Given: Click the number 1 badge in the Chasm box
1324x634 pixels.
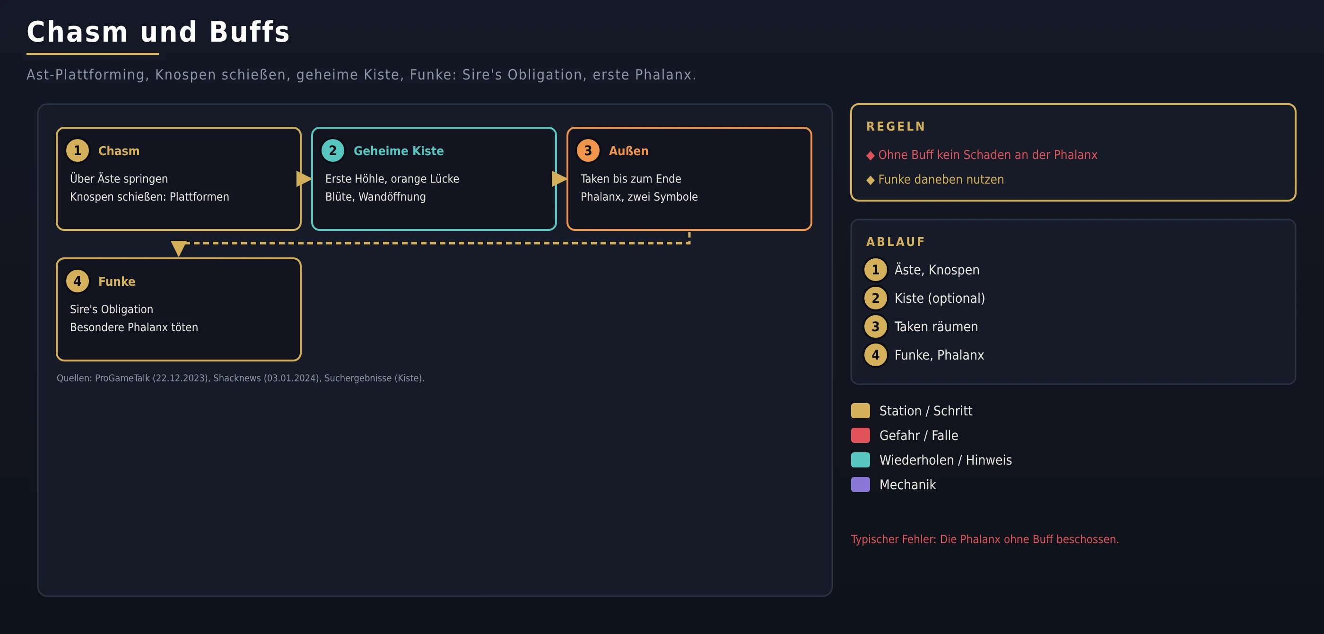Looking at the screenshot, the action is tap(78, 150).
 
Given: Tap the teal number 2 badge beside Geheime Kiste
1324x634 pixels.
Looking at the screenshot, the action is tap(332, 150).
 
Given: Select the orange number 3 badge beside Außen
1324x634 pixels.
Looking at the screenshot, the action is tap(588, 150).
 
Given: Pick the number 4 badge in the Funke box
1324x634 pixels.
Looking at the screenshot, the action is tap(78, 281).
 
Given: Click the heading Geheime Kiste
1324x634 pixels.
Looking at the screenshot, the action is tap(398, 150).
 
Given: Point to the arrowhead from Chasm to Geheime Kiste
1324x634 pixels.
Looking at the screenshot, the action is tap(304, 179).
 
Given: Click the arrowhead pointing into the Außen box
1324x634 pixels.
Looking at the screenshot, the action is tap(559, 179).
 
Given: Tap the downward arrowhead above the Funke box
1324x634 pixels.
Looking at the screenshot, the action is tap(178, 248).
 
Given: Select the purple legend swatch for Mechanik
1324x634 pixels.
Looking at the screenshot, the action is tap(861, 484).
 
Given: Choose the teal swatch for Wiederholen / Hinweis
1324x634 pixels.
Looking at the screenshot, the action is tap(861, 460).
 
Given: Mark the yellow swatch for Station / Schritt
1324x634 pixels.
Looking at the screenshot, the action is tap(861, 411).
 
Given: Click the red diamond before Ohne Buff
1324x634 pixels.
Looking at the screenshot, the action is tap(870, 155).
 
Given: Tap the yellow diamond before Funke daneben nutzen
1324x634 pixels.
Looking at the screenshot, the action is tap(870, 180).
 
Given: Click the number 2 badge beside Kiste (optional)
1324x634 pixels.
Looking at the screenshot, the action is tap(875, 298).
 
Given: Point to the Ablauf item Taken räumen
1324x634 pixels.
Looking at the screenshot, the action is tap(936, 326).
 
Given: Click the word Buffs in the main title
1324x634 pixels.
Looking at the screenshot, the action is tap(249, 32).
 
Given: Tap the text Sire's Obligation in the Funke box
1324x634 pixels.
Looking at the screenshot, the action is tap(112, 309).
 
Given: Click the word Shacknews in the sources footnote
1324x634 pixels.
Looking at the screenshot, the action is tap(237, 378).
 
